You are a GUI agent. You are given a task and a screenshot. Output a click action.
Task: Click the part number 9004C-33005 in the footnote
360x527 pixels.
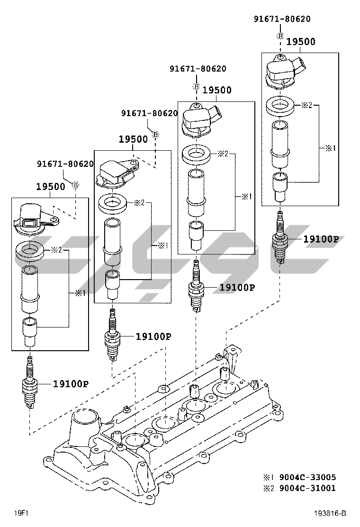click(307, 477)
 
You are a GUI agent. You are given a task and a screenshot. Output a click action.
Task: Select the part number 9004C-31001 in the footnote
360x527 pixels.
click(307, 488)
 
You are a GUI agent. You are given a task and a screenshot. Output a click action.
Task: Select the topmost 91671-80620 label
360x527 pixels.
click(282, 19)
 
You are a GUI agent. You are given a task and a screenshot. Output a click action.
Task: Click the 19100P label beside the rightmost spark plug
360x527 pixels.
click(321, 239)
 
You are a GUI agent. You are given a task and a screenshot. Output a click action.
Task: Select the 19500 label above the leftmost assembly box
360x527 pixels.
click(51, 187)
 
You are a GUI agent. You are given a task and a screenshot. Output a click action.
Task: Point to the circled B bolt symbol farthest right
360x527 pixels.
click(280, 36)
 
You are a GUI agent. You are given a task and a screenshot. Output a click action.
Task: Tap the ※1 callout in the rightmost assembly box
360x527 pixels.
click(330, 148)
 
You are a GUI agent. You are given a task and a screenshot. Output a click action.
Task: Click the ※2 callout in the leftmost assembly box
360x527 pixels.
click(56, 250)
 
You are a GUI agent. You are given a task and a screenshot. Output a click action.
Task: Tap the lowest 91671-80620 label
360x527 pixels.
click(65, 164)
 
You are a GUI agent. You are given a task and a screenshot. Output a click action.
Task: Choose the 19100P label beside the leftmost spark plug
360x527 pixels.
click(71, 384)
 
